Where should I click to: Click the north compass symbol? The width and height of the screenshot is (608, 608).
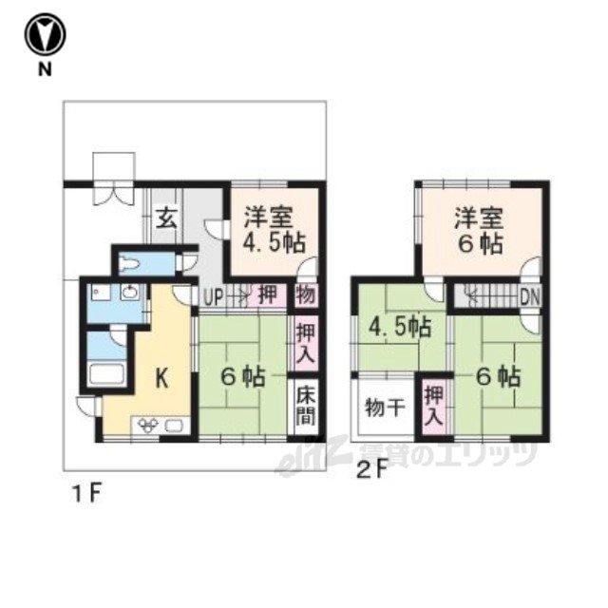click(45, 34)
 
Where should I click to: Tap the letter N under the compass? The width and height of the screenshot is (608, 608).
click(45, 69)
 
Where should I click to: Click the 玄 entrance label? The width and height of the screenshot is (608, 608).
click(166, 218)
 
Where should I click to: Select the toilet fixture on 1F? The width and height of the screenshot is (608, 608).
click(129, 264)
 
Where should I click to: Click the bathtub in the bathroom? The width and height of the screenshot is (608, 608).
click(106, 373)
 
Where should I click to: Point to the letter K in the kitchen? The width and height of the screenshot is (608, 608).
click(162, 378)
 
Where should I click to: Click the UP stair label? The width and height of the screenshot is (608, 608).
click(213, 297)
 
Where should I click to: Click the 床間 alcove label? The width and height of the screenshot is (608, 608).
click(306, 406)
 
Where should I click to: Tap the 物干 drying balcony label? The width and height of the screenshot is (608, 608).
click(386, 408)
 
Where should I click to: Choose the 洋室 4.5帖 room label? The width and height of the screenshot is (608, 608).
click(275, 230)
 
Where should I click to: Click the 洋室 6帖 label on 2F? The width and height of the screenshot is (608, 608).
click(480, 230)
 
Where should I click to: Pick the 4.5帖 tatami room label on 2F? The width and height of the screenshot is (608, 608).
click(400, 327)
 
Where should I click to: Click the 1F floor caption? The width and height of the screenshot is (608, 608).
click(87, 494)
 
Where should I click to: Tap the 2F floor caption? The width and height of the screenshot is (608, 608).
click(372, 470)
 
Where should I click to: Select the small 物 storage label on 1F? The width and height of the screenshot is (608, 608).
click(306, 295)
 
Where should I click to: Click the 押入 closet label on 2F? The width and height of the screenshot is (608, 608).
click(433, 406)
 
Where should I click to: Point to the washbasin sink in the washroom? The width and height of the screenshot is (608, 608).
click(129, 292)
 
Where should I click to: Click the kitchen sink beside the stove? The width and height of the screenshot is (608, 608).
click(174, 426)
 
